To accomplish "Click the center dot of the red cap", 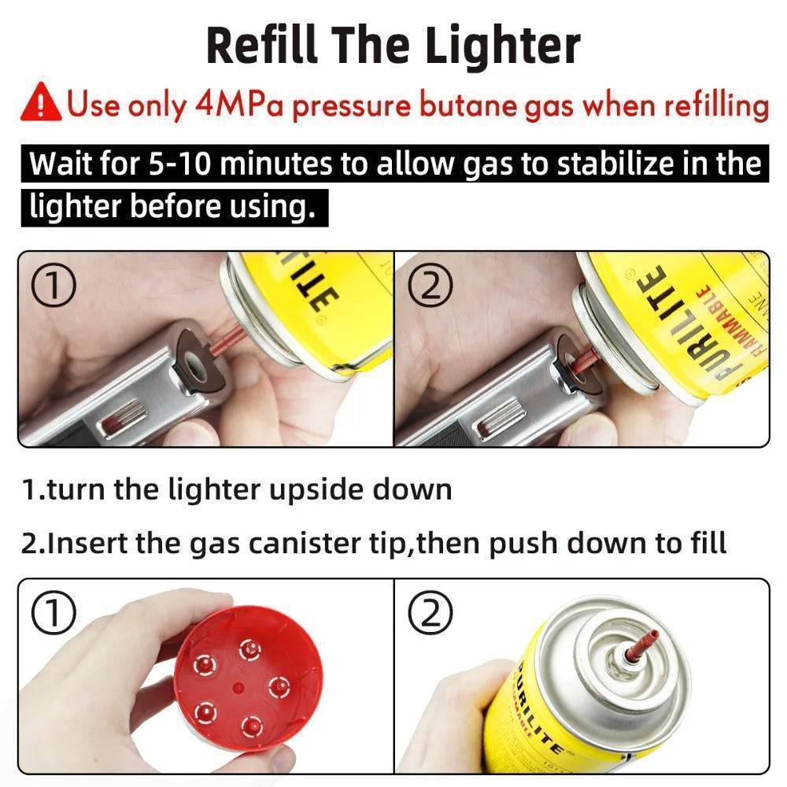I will click(x=238, y=686).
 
